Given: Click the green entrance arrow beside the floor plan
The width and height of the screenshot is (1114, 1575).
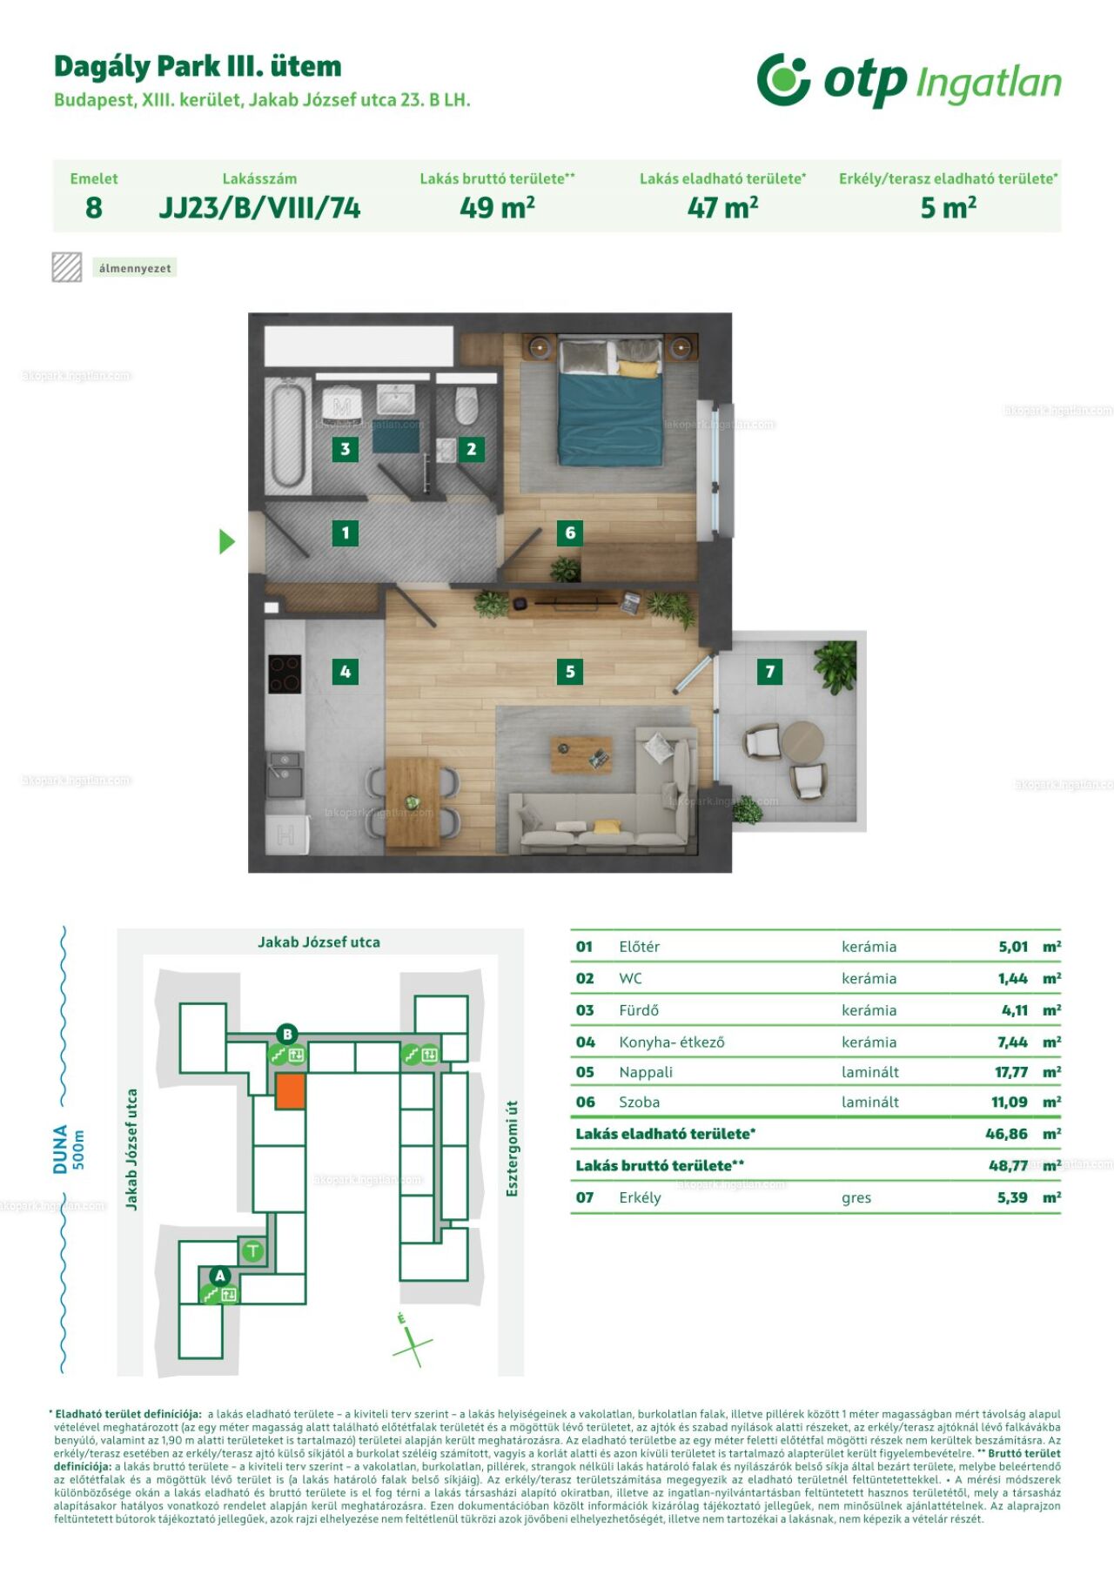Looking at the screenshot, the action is (x=226, y=542).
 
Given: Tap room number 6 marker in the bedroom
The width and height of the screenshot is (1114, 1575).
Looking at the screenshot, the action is (x=570, y=533).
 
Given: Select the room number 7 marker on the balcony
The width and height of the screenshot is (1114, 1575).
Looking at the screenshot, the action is (x=769, y=671).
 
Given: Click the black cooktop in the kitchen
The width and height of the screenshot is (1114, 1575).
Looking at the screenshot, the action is (x=285, y=674).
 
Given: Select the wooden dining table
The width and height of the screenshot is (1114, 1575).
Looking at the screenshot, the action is (x=413, y=801).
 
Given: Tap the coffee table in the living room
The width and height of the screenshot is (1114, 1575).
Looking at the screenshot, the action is (x=580, y=754).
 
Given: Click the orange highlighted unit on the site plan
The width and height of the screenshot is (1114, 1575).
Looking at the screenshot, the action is (x=291, y=1090).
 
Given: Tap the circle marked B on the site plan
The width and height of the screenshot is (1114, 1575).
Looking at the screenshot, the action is (x=286, y=1034).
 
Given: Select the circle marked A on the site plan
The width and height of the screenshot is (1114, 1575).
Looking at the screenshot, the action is (x=220, y=1276).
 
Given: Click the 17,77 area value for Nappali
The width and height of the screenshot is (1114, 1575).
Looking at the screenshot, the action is (x=1011, y=1072).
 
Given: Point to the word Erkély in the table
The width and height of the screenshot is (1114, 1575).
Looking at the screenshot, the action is (x=640, y=1197).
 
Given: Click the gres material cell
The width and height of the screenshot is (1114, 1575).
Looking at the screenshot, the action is (x=856, y=1198).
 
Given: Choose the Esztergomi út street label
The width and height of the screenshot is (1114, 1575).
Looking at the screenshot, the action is (x=512, y=1148).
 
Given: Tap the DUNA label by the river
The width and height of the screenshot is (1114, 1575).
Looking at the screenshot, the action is (x=60, y=1149).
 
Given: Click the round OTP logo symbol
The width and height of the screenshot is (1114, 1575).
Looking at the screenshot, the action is (x=783, y=79).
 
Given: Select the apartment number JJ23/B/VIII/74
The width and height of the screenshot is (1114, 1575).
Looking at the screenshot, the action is (x=259, y=208).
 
